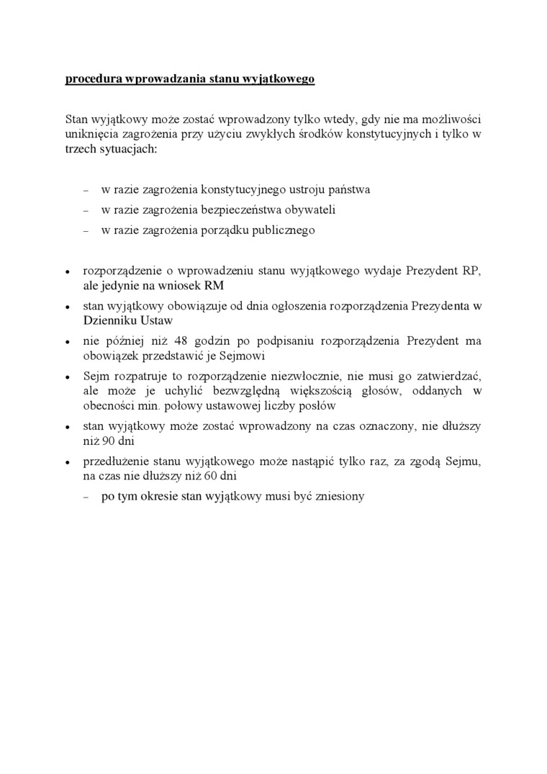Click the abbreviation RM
[214, 285]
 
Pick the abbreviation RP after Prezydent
[472, 271]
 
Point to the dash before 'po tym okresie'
[86, 497]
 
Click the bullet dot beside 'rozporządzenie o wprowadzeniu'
[67, 272]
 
